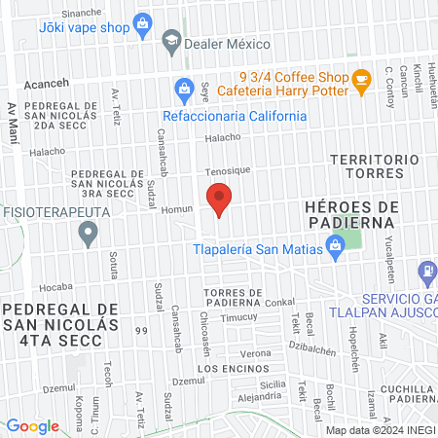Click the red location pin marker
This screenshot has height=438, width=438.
click(220, 199)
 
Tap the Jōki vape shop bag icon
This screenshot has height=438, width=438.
click(141, 21)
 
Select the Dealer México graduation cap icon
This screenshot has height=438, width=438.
click(171, 41)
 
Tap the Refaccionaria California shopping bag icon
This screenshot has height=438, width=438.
click(184, 91)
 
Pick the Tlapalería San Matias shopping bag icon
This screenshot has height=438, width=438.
click(335, 247)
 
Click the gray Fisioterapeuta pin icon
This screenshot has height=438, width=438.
click(89, 233)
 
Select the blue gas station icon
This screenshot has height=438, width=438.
click(426, 274)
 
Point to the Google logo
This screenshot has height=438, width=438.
click(32, 425)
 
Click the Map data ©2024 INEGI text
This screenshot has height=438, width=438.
click(379, 430)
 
